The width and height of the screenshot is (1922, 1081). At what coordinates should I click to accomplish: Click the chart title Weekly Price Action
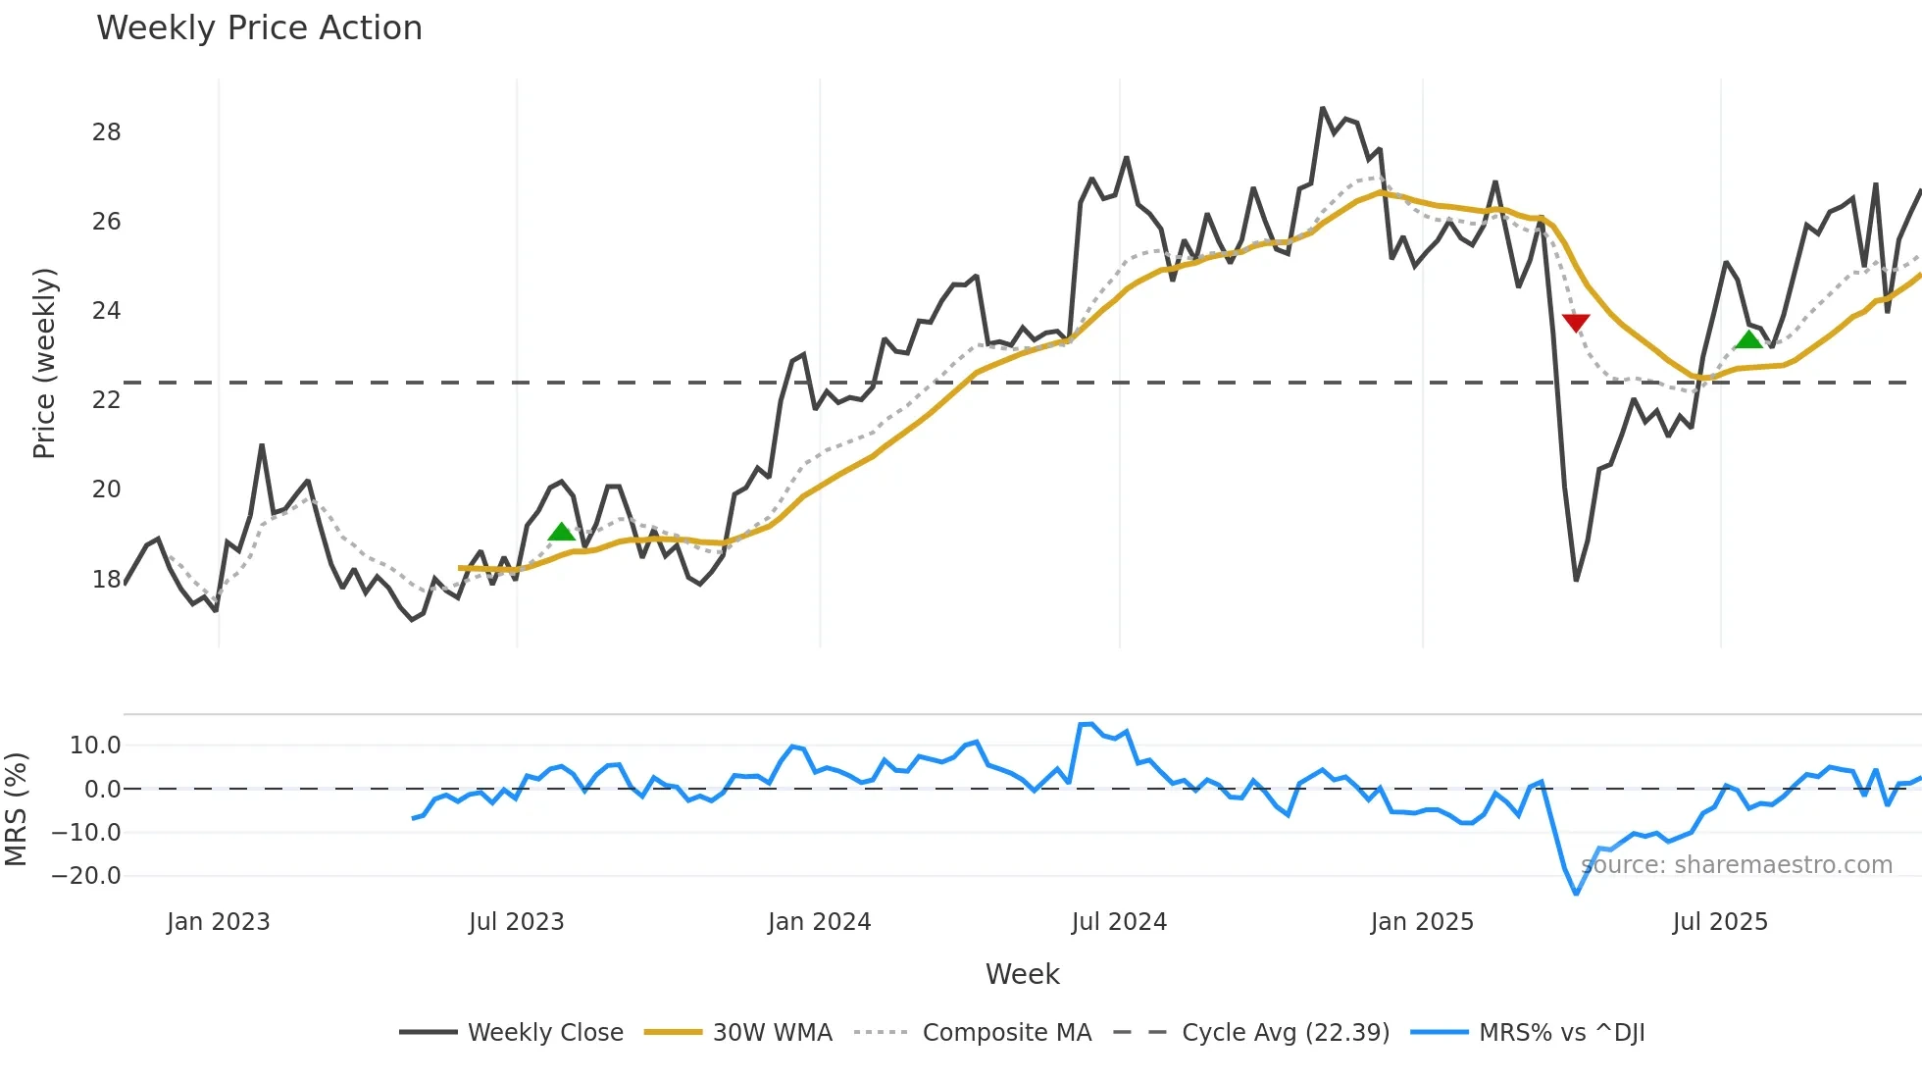tap(259, 28)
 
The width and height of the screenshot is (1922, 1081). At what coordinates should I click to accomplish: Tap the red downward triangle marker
tap(1576, 323)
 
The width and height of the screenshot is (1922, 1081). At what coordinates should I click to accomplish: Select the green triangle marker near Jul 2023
tap(561, 533)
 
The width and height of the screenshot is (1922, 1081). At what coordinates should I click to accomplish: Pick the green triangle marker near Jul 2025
tap(1748, 340)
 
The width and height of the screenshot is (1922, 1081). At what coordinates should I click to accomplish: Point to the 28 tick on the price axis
tap(106, 132)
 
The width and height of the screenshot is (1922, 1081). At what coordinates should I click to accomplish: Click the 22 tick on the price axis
tap(106, 400)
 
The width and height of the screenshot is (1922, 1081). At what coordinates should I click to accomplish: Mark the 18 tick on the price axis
tap(106, 580)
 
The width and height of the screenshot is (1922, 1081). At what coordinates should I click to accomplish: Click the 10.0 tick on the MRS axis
tap(95, 746)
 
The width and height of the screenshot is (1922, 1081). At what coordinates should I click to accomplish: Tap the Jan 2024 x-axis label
tap(819, 922)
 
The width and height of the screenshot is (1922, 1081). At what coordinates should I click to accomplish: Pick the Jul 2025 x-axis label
tap(1720, 922)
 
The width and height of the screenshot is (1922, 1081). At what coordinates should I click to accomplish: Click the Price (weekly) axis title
tap(44, 363)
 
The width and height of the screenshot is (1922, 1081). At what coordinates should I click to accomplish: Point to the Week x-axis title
tap(1022, 974)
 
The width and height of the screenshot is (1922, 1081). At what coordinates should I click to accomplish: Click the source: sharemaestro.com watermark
tap(1737, 865)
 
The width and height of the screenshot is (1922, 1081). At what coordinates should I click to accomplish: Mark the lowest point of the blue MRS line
tap(1576, 894)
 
